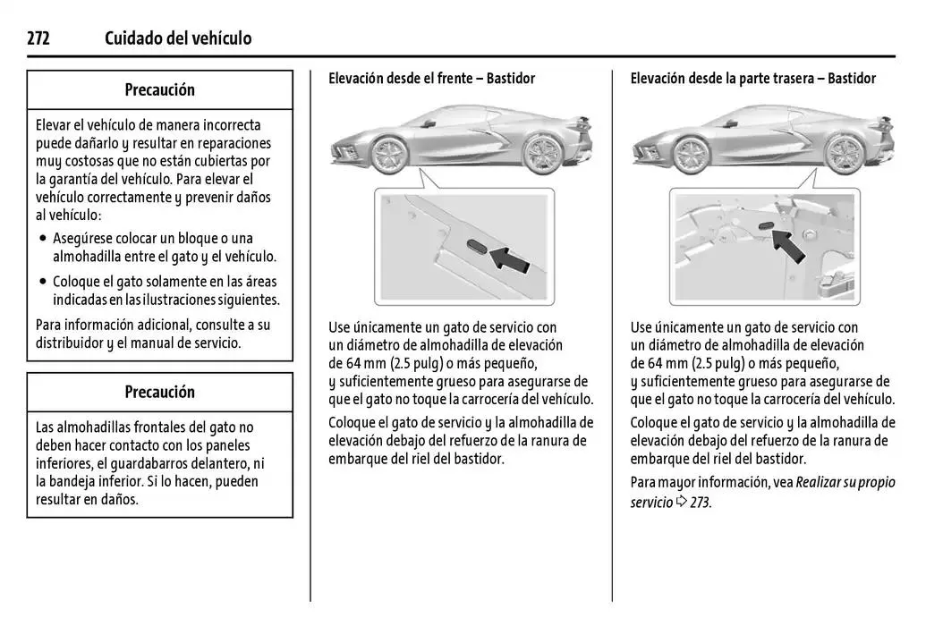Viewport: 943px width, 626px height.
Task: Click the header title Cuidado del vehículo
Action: [x=178, y=38]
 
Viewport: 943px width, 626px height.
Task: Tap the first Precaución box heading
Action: [x=160, y=89]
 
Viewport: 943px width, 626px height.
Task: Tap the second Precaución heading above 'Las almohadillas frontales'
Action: [x=160, y=392]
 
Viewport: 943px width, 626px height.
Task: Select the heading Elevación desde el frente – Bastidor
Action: [x=431, y=79]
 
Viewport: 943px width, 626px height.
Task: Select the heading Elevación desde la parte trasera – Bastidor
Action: [x=752, y=79]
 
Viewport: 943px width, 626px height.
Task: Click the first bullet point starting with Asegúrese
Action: [x=43, y=239]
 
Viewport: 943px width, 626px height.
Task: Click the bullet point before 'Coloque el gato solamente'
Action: [x=43, y=282]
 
